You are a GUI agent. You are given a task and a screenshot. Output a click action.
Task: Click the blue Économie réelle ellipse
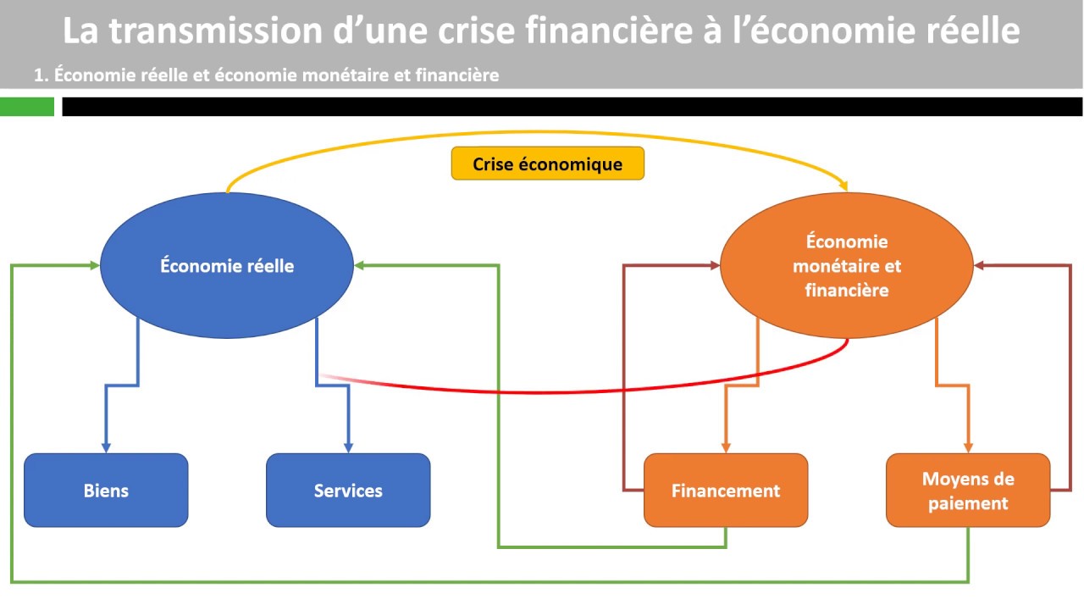pos(226,265)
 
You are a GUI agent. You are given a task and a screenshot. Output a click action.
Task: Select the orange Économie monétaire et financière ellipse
pos(846,265)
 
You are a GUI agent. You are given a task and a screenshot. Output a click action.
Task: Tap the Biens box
pos(106,491)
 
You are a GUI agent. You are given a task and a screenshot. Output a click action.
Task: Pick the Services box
pos(348,491)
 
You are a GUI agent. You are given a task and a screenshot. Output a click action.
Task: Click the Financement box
pos(726,491)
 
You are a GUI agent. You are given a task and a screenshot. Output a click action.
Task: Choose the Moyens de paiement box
pos(968,491)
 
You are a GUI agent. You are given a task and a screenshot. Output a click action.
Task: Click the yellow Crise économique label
pos(547,164)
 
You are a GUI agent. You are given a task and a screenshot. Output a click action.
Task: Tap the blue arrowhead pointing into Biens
pos(106,447)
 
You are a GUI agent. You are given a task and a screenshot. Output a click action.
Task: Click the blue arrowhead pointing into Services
pos(348,447)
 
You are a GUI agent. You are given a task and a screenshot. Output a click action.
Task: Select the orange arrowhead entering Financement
pos(726,447)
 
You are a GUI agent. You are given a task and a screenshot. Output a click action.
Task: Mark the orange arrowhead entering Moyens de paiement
pos(968,447)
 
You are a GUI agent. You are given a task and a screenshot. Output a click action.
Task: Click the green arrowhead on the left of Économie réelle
pos(94,266)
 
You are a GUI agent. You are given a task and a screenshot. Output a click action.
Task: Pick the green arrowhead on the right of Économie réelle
pos(359,266)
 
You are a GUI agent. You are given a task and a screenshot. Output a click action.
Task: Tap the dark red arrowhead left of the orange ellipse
pos(714,266)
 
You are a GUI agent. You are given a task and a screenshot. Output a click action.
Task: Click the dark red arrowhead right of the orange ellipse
pos(979,266)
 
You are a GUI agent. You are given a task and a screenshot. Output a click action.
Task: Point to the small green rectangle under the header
pos(27,107)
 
